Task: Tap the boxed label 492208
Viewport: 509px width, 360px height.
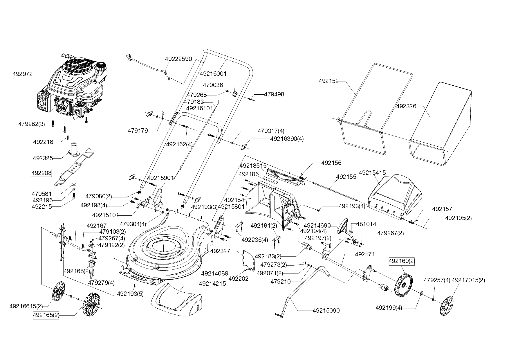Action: (41, 173)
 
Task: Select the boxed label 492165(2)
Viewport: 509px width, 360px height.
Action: (46, 315)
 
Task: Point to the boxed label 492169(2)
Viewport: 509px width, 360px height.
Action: (402, 261)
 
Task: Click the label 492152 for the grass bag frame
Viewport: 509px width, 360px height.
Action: (328, 81)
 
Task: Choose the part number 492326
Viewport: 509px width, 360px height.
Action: (406, 107)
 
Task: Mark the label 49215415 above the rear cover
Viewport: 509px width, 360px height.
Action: (372, 173)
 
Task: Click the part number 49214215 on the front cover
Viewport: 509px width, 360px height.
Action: (212, 284)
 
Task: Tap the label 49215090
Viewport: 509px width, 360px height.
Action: (326, 311)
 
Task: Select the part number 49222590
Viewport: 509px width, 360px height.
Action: (178, 59)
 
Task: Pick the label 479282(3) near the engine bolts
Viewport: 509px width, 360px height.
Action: (31, 124)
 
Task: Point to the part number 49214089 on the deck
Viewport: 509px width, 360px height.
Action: (214, 273)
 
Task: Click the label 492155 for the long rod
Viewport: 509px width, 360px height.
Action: (346, 177)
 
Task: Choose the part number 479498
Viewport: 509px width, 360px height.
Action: (274, 94)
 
